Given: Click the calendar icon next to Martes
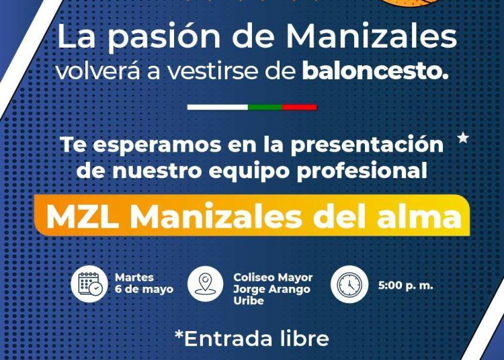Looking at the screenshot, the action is coord(89,284).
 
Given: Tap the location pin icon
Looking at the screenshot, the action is coord(206,284).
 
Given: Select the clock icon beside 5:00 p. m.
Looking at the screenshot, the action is coord(349,284).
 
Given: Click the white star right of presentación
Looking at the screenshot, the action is coord(463,138).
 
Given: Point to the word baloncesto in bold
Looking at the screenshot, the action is coord(375,71).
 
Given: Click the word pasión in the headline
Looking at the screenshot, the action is coord(163,38).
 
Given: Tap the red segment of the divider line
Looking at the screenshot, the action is coord(300,107).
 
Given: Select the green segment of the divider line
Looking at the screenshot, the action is coord(265,107).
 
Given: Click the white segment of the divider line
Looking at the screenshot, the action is coord(218,107).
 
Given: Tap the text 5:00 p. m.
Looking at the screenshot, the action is coord(406,285).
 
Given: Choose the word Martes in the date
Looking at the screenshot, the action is coord(134,277).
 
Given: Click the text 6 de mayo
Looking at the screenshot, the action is coord(144,289).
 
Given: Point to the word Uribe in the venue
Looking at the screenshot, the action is coord(249,301).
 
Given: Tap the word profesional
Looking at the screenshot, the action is coord(362,171).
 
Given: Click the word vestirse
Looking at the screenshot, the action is coord(214,71).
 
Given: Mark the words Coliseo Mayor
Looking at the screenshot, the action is coord(273,277).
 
